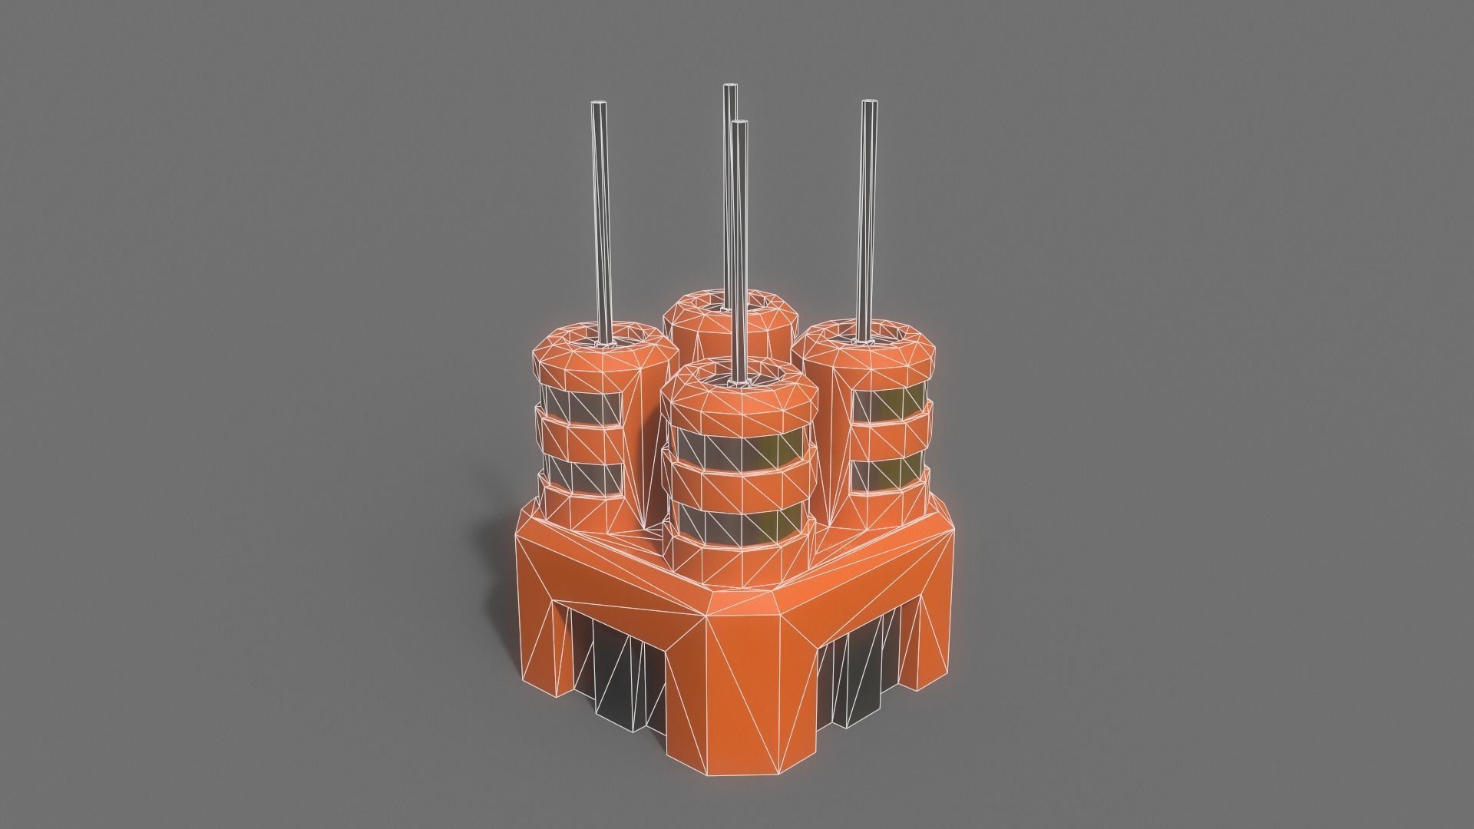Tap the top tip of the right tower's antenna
(x=869, y=104)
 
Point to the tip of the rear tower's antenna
(x=729, y=88)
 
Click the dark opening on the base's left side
(x=614, y=645)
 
